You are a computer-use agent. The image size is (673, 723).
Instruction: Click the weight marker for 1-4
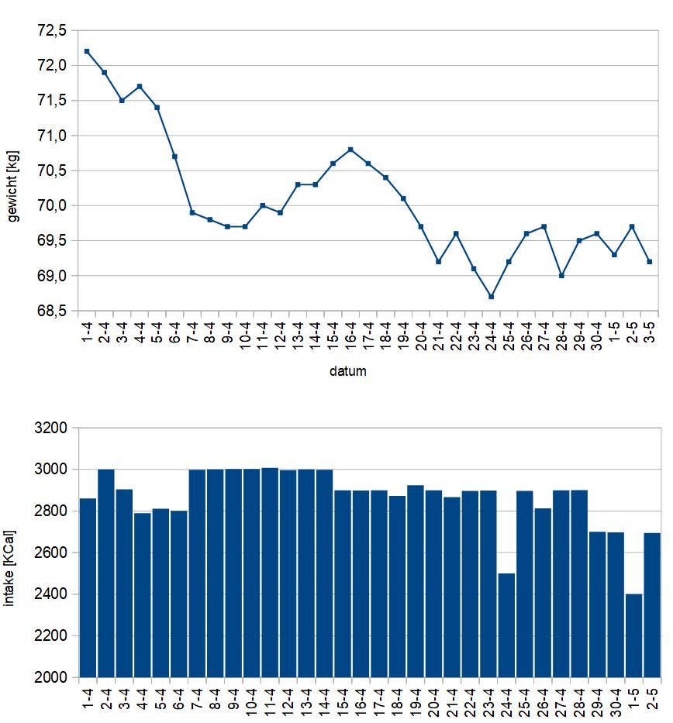click(86, 51)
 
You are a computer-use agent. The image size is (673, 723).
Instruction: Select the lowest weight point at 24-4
click(491, 296)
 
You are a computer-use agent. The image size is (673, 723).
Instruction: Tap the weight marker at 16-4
click(350, 150)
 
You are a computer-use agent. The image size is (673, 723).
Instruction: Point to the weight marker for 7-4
click(192, 212)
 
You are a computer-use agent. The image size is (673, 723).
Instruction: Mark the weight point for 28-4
click(561, 275)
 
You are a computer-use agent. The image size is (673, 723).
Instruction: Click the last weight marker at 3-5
click(650, 261)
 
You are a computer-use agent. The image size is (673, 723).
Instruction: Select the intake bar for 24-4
click(507, 625)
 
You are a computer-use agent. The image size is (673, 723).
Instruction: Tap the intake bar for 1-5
click(634, 635)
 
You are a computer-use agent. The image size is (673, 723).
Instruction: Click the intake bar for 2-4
click(106, 573)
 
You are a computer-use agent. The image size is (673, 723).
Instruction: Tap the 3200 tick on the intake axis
click(53, 428)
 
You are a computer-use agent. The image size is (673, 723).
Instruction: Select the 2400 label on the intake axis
click(53, 594)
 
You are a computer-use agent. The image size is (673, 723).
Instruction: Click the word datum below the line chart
click(347, 371)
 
